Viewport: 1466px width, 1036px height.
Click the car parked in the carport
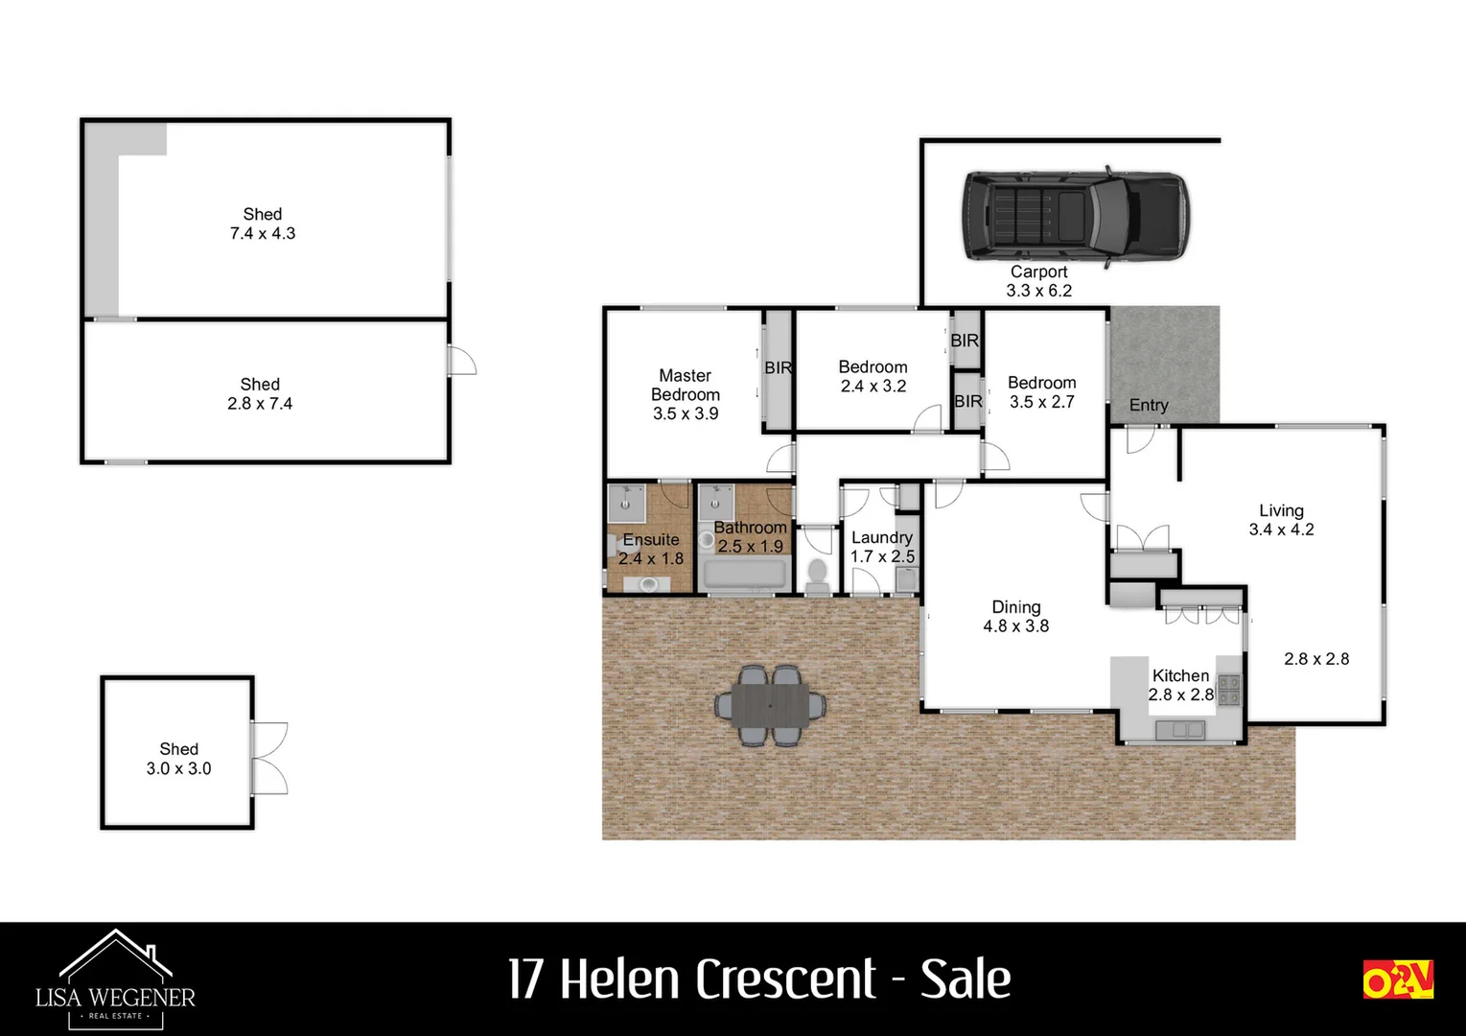coord(1076,215)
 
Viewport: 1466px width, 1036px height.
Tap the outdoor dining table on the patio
coord(772,706)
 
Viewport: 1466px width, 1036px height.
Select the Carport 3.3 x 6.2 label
coord(1038,281)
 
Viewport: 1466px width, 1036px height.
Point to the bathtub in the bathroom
coord(746,575)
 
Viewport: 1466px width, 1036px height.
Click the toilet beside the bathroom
coord(818,573)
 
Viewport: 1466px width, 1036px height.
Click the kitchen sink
coord(1180,730)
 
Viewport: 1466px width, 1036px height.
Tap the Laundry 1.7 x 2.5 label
coord(882,547)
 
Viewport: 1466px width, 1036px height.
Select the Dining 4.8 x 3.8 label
coord(1015,616)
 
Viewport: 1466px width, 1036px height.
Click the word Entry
coord(1148,405)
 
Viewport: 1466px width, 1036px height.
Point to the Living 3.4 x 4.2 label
coord(1281,520)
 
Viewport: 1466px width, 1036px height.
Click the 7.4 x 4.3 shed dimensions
coord(263,233)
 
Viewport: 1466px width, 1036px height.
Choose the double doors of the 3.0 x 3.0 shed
coord(268,758)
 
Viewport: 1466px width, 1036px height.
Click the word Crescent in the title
coord(785,979)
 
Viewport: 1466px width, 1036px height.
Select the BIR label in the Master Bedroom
coord(778,367)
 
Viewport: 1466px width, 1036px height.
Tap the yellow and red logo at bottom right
coord(1397,979)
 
